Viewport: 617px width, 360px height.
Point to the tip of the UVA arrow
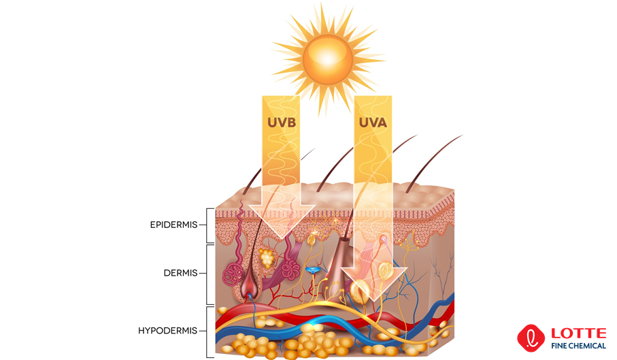pos(373,300)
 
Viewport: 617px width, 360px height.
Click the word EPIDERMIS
pos(174,225)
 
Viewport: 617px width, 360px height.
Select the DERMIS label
pos(181,273)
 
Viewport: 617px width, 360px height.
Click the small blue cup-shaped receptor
pos(312,271)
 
